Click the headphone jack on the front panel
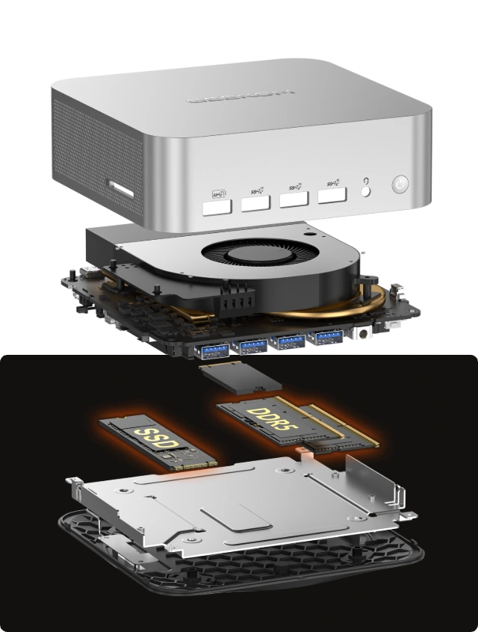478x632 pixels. point(365,192)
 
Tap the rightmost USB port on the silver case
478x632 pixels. point(331,196)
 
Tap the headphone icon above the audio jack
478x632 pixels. point(364,181)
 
